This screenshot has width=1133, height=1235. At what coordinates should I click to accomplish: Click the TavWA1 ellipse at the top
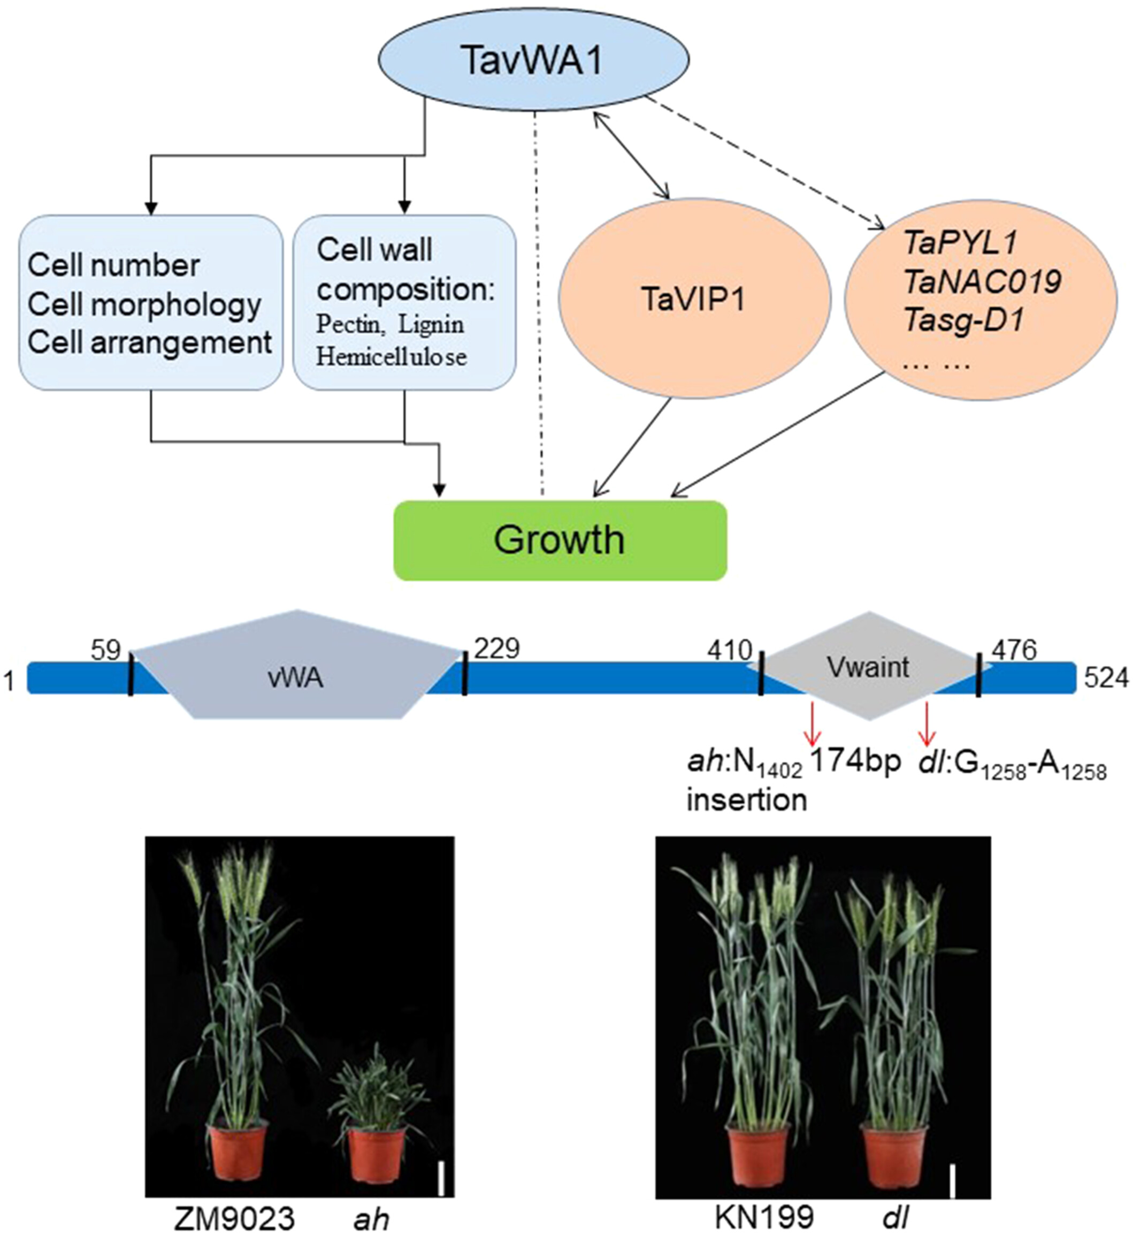coord(533,60)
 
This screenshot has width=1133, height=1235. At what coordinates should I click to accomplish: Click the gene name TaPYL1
coord(960,243)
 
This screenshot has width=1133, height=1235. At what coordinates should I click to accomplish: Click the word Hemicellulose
coord(391,357)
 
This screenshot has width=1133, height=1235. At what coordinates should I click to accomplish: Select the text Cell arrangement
coord(150,342)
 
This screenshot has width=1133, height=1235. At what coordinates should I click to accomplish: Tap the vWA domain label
coord(295,677)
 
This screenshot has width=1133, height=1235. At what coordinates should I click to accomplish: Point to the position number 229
coord(496,648)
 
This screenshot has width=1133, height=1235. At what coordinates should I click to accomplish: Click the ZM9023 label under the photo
coord(235,1218)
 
